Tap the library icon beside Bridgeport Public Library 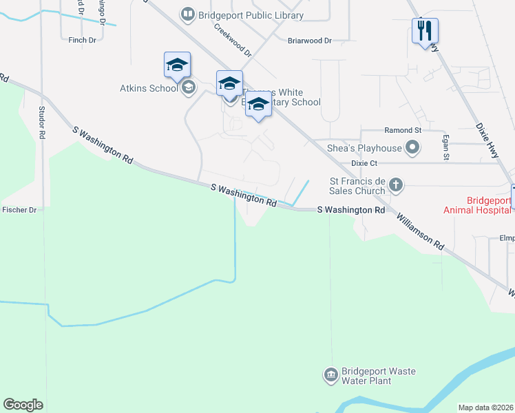pyautogui.click(x=187, y=14)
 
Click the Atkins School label pyautogui.click(x=149, y=88)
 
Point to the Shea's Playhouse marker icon pyautogui.click(x=412, y=147)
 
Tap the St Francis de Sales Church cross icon pyautogui.click(x=395, y=184)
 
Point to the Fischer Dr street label pyautogui.click(x=19, y=209)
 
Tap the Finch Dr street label pyautogui.click(x=83, y=41)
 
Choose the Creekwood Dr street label pyautogui.click(x=233, y=40)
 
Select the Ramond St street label pyautogui.click(x=403, y=130)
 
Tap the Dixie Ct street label pyautogui.click(x=364, y=163)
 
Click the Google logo pyautogui.click(x=23, y=405)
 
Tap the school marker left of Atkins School pyautogui.click(x=176, y=65)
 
